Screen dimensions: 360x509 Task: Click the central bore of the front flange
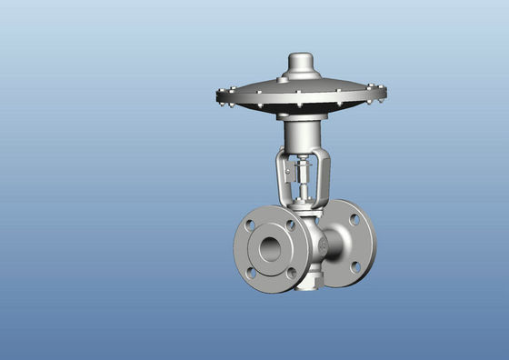(269, 247)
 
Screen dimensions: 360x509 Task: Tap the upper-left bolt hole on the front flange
(250, 225)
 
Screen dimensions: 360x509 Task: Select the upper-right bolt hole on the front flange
(290, 224)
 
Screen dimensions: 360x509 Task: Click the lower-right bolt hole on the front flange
(290, 272)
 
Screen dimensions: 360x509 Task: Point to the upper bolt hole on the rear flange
(354, 219)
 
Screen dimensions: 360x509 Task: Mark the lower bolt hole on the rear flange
(355, 266)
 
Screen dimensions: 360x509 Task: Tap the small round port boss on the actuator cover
(282, 80)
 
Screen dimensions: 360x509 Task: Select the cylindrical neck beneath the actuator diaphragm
(299, 136)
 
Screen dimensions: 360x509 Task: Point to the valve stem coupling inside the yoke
(301, 173)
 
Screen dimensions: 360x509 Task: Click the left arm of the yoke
(283, 177)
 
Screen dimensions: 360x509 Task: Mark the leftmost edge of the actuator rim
(219, 96)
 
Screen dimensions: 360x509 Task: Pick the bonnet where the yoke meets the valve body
(302, 209)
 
